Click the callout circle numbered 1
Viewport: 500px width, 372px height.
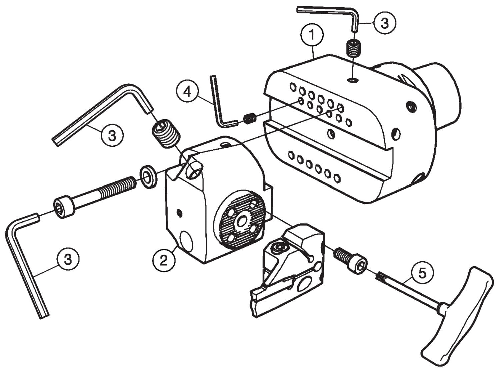[x=312, y=34]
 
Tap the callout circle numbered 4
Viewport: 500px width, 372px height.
[x=188, y=91]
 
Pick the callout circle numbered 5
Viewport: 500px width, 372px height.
[x=422, y=273]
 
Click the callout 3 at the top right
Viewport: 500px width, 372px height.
[x=384, y=23]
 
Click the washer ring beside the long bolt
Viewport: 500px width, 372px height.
[x=148, y=176]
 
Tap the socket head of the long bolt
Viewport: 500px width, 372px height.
[x=64, y=208]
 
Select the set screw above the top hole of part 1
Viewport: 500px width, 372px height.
[x=354, y=48]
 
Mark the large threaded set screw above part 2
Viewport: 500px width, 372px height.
[x=166, y=134]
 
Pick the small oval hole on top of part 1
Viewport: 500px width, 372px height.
[x=352, y=80]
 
